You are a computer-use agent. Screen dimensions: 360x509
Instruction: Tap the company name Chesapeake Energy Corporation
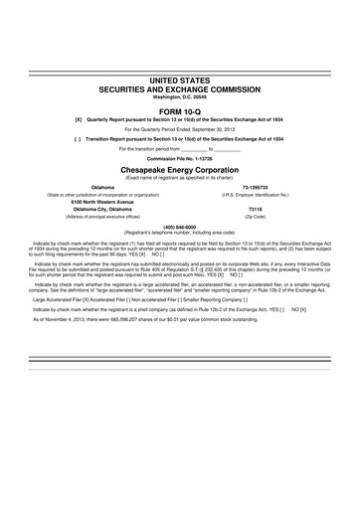click(x=179, y=170)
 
